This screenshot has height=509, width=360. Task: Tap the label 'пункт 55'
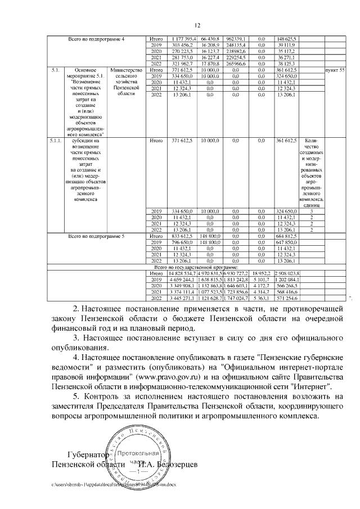pyautogui.click(x=335, y=69)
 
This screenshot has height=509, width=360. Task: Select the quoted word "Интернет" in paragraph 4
pyautogui.click(x=313, y=387)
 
